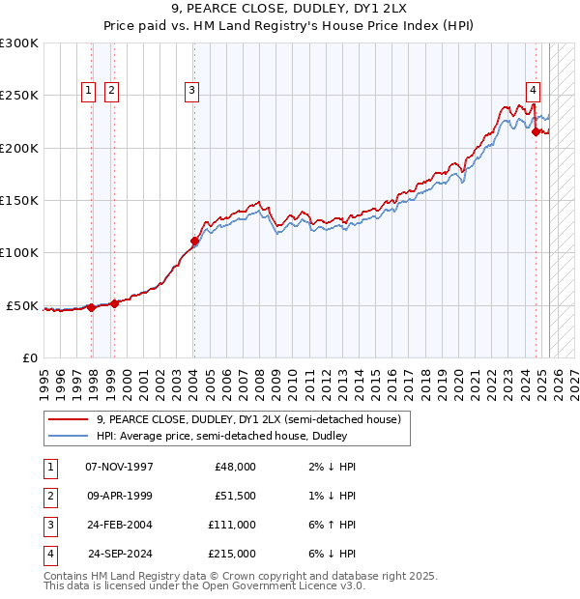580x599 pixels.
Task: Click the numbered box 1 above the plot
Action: (x=88, y=91)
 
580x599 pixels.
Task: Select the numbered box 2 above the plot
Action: (x=111, y=91)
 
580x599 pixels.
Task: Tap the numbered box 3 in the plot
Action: (x=191, y=91)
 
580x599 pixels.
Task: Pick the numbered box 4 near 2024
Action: (x=533, y=91)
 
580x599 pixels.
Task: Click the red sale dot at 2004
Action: (x=194, y=242)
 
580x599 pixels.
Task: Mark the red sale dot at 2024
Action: (x=536, y=132)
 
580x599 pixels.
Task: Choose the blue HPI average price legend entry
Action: (x=221, y=437)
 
